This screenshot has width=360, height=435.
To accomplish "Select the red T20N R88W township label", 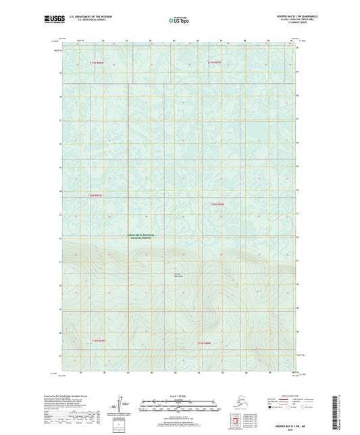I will pyautogui.click(x=216, y=204).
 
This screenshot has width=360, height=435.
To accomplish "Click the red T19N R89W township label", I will pyautogui.click(x=99, y=340).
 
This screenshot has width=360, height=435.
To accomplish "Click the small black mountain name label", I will pyautogui.click(x=178, y=274).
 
